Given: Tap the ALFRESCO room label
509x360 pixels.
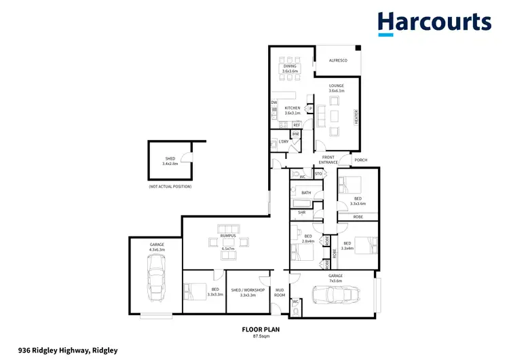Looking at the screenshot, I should (x=339, y=61).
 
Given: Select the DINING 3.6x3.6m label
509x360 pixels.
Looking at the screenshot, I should (x=290, y=69).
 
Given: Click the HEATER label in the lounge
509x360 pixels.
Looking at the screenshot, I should (x=355, y=118).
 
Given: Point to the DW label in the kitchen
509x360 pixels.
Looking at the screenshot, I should (x=274, y=103).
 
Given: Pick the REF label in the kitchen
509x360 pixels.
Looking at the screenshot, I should (x=297, y=125).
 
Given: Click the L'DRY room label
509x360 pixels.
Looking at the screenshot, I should (x=284, y=141).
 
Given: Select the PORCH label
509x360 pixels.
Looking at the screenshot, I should (x=361, y=160).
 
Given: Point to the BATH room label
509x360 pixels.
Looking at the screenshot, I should (x=306, y=193).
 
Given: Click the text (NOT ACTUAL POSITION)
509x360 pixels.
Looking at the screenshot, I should (x=170, y=186).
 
